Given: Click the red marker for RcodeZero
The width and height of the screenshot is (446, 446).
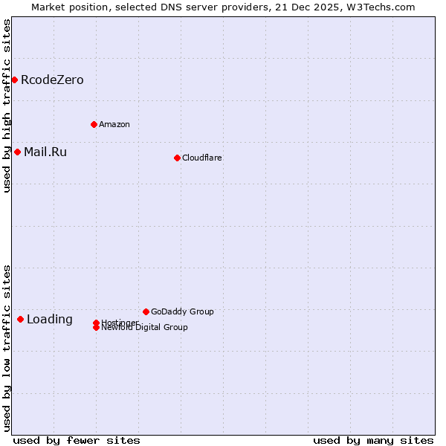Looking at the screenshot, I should point(14,80).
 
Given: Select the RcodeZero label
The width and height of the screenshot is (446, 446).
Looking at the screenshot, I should point(52,80).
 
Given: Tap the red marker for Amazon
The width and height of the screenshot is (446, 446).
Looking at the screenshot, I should point(94,124).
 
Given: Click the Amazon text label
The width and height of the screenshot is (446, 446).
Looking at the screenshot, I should point(114,125).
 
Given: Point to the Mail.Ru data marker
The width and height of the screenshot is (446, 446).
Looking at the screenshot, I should point(17,152).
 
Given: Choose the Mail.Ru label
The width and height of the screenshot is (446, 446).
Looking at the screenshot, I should point(45,152).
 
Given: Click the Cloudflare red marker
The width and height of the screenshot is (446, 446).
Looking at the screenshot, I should point(177,158).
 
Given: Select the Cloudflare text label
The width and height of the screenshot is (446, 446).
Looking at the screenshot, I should point(201,158).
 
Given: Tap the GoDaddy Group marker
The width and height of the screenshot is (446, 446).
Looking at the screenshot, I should point(146,311).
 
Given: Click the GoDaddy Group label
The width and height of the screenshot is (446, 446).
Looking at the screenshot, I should point(182,312).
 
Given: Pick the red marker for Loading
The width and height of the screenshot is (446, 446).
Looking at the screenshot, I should point(20,319).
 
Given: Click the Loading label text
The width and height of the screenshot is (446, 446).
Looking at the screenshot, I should point(49,320).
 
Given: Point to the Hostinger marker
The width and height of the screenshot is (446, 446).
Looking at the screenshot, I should point(96,323).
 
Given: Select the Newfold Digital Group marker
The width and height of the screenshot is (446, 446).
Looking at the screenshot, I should point(96,328).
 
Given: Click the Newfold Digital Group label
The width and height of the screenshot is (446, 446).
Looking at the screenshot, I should point(145,328).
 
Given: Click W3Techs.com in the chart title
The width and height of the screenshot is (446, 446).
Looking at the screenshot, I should point(380,7).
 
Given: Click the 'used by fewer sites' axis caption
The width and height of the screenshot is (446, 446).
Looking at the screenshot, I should point(77,440).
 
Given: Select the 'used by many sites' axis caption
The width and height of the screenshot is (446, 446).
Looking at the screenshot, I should point(373,440).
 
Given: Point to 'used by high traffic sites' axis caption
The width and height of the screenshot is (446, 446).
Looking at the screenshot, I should point(7,106).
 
